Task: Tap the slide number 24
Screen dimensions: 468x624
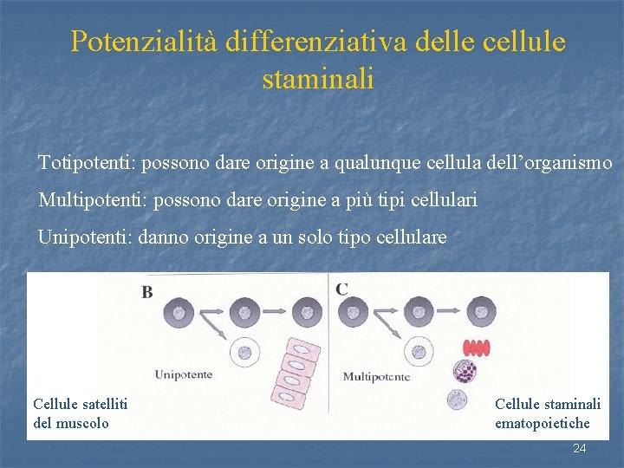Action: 580,448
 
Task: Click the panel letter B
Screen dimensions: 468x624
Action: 147,292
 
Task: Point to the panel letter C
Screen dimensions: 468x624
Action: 342,289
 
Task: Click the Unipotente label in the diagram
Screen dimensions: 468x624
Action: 184,374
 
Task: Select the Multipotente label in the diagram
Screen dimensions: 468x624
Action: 376,376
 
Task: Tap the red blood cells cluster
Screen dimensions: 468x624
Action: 476,348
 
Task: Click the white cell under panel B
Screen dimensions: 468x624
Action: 244,353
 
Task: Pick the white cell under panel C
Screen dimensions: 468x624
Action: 419,351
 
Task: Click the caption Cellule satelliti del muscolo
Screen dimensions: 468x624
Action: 80,413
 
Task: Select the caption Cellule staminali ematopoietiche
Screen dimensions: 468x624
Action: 547,413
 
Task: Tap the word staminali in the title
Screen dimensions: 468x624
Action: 317,80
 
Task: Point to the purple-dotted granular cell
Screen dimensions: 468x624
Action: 465,372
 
